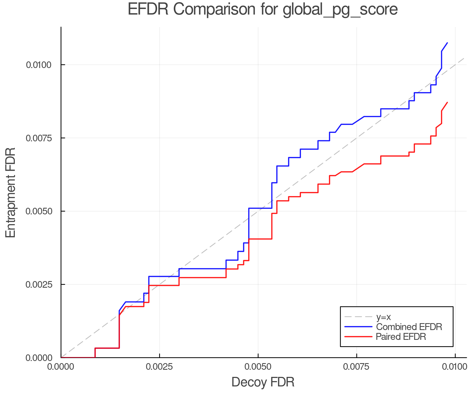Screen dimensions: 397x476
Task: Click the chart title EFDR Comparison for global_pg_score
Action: click(x=263, y=10)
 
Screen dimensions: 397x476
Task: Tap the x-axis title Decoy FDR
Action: click(x=263, y=382)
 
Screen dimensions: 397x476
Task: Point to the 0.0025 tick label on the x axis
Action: click(x=159, y=367)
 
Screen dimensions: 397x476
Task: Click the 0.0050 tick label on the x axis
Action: click(x=258, y=367)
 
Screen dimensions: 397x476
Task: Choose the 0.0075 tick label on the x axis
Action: click(x=356, y=367)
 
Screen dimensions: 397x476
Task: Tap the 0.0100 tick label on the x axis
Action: click(x=455, y=367)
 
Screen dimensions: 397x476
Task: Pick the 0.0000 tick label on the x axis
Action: click(x=61, y=367)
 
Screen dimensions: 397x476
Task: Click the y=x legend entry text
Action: click(x=383, y=317)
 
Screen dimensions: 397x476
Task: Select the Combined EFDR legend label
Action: click(x=409, y=327)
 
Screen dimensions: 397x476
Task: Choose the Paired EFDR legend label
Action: click(x=401, y=337)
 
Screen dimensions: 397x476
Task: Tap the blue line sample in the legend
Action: click(x=358, y=327)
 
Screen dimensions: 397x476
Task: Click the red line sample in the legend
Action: click(x=358, y=337)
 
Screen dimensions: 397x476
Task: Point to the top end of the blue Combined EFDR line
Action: click(x=447, y=43)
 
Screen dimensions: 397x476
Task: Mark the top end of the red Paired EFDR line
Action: click(x=447, y=102)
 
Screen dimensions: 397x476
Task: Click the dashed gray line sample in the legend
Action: click(x=358, y=317)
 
